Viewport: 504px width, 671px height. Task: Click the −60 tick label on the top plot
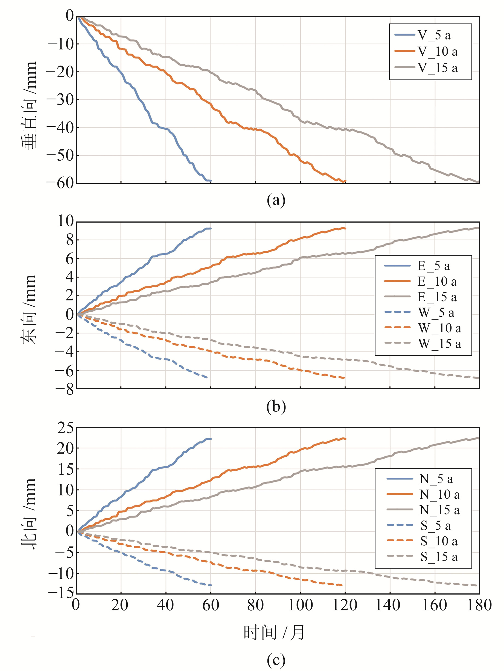[x=60, y=183]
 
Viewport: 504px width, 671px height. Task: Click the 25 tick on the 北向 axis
[x=65, y=428]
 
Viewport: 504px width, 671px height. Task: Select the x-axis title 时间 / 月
[x=274, y=632]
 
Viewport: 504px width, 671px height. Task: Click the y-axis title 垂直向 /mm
[x=29, y=105]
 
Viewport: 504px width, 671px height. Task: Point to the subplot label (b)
[x=276, y=407]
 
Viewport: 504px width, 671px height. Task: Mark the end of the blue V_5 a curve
[x=211, y=181]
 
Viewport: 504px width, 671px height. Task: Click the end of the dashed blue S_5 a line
[x=211, y=585]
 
